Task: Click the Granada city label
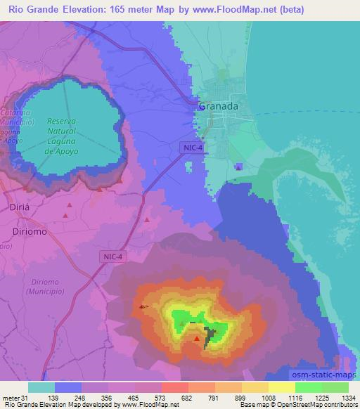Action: tap(218, 106)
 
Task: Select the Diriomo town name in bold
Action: tap(31, 231)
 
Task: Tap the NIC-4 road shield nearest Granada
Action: tap(191, 147)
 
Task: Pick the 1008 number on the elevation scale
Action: tap(268, 398)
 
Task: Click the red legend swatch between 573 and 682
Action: tap(174, 387)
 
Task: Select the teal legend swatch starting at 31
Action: tap(41, 387)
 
